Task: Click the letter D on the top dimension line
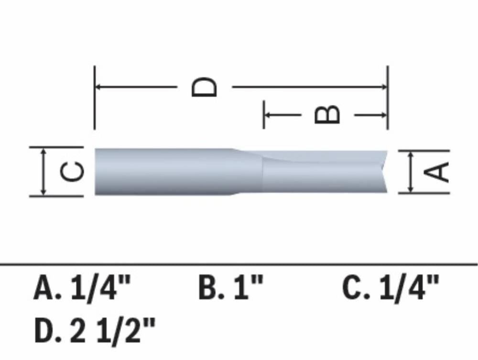click(x=205, y=87)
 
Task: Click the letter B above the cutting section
click(x=328, y=115)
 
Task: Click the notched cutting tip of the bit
click(x=384, y=172)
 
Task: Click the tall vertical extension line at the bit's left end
click(x=95, y=98)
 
